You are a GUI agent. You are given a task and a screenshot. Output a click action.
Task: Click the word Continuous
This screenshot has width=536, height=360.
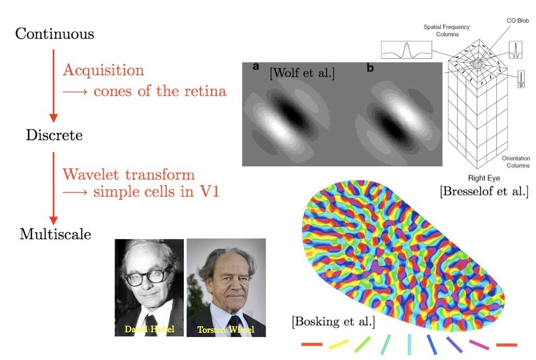point(54,35)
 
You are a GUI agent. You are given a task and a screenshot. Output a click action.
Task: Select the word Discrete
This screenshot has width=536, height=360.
point(54,136)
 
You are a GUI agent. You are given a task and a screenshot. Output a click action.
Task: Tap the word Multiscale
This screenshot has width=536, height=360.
point(55,233)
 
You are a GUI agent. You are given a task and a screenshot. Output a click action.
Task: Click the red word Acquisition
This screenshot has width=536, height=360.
point(103,70)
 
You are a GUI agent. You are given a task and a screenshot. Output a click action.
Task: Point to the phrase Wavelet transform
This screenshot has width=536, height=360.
point(129,174)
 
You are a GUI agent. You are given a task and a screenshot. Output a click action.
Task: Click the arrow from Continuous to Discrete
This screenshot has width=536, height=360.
point(52,84)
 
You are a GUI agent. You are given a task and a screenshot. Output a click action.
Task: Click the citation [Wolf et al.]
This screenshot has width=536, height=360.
point(302,73)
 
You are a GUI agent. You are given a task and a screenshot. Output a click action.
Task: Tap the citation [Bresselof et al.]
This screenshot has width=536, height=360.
point(484,191)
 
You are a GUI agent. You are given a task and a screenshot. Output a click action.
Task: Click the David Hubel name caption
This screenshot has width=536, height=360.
point(149,329)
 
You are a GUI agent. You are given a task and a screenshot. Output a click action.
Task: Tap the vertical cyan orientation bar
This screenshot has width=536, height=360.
point(409,344)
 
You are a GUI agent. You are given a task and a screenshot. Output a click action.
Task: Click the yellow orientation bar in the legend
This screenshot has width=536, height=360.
point(339,344)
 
